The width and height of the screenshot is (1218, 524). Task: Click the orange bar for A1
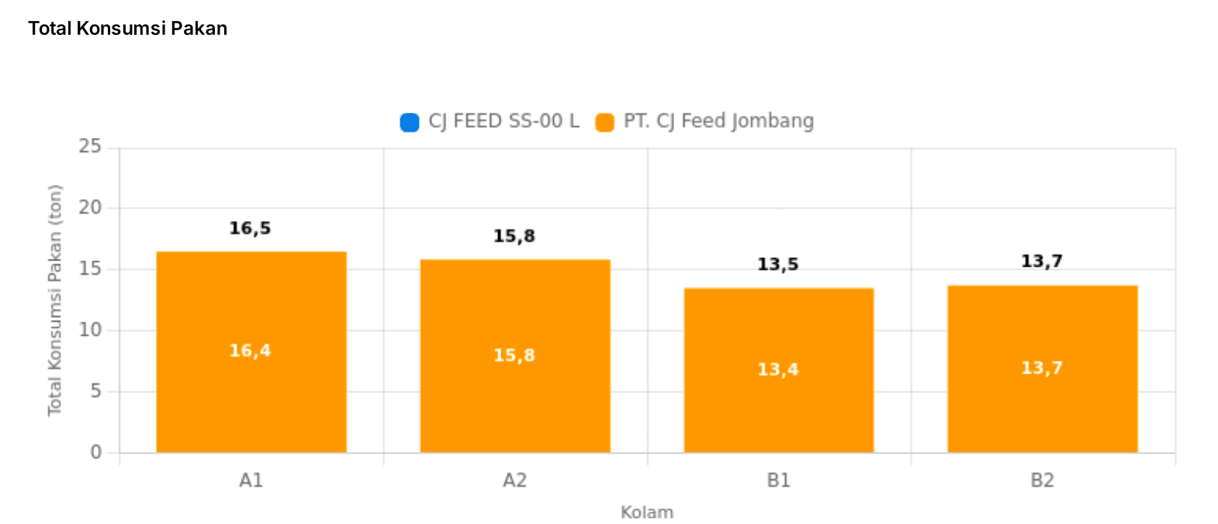click(251, 403)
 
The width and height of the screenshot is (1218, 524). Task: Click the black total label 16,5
click(250, 228)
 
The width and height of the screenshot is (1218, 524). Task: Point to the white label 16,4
click(250, 351)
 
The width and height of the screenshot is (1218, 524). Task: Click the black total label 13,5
click(777, 264)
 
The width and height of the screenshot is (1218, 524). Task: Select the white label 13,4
click(777, 369)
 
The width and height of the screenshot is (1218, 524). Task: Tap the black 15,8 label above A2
click(514, 236)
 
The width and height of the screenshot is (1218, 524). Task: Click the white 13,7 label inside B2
click(1041, 367)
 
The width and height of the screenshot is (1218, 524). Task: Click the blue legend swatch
click(410, 122)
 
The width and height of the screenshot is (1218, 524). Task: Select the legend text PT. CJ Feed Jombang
click(718, 121)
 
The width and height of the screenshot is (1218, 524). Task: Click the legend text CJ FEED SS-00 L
click(503, 121)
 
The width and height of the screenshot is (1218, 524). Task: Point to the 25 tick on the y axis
click(90, 147)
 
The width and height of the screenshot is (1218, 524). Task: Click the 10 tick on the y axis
click(90, 330)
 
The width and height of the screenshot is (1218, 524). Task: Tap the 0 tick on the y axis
click(95, 452)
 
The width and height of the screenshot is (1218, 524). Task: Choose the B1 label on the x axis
click(778, 481)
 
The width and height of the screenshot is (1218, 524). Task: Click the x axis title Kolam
click(646, 512)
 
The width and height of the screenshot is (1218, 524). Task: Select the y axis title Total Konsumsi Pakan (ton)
click(54, 300)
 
